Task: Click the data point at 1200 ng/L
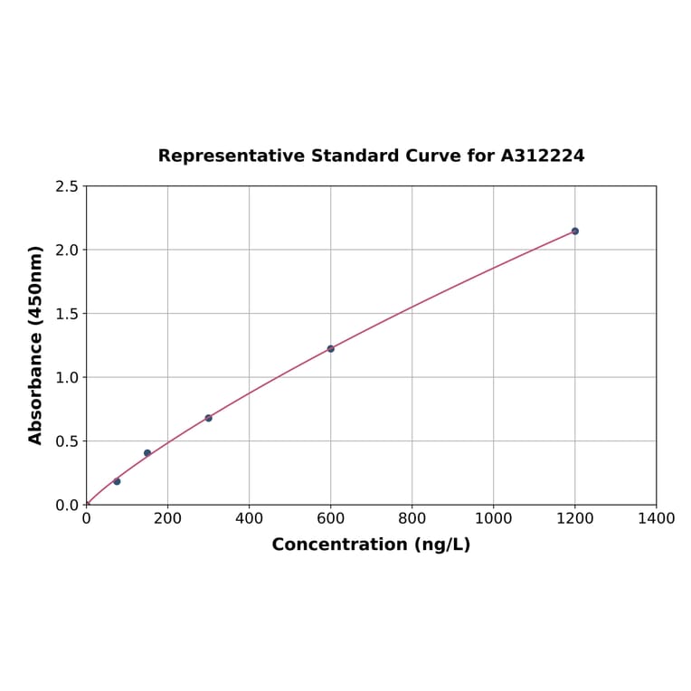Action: click(x=574, y=232)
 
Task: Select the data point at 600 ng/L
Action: click(x=330, y=348)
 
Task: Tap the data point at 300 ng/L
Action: click(x=208, y=418)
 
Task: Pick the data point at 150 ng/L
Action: click(x=147, y=453)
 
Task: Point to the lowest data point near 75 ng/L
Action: click(x=117, y=481)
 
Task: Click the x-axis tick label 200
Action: click(x=167, y=518)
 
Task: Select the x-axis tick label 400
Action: click(x=249, y=518)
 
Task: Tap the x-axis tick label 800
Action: click(x=412, y=518)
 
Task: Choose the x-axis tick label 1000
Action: click(x=493, y=518)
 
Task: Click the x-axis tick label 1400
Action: click(x=656, y=518)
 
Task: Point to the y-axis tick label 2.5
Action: click(x=67, y=186)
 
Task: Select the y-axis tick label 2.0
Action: click(x=67, y=250)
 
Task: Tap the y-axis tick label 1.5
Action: click(x=67, y=314)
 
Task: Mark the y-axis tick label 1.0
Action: click(x=67, y=377)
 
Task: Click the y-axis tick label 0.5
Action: click(x=67, y=441)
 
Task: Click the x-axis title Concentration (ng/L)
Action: click(x=371, y=544)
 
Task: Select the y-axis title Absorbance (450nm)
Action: click(x=36, y=345)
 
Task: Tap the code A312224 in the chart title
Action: click(x=543, y=156)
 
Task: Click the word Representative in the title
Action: click(x=231, y=156)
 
